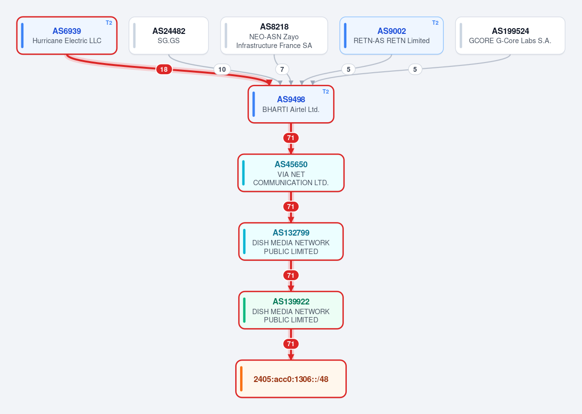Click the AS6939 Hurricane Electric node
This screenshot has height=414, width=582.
click(67, 35)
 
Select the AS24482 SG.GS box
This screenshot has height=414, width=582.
click(169, 35)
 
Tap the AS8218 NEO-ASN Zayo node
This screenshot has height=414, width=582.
click(274, 35)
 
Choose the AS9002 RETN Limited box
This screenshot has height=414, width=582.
click(391, 35)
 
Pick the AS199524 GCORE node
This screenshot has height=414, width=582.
click(510, 35)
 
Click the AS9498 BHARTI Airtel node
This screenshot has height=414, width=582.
click(291, 104)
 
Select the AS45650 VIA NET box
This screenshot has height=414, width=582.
click(291, 173)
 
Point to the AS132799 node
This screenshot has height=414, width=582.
click(291, 241)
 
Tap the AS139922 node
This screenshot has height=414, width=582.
click(291, 310)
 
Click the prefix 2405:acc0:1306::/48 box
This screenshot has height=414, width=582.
click(291, 379)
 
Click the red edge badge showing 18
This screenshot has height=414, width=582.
click(164, 69)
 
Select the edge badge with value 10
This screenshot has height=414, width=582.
click(222, 69)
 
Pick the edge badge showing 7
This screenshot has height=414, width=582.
click(282, 69)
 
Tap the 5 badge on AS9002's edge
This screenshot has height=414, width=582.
click(348, 69)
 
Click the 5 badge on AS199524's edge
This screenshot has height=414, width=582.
click(415, 69)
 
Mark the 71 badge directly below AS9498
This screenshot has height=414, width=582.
click(291, 138)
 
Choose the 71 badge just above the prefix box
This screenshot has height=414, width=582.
click(291, 344)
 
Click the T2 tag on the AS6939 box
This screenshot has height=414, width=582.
click(109, 23)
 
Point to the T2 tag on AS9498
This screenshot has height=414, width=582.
click(325, 92)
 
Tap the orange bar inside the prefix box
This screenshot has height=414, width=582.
click(242, 379)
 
